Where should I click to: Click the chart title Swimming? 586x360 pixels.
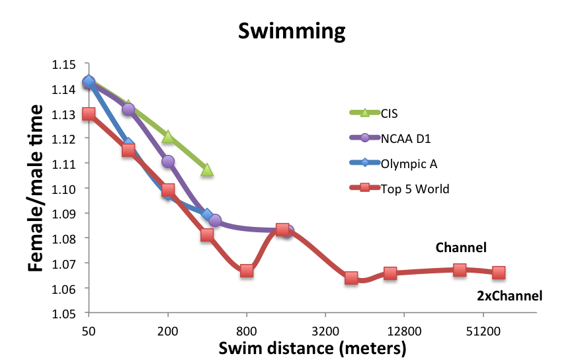click(292, 31)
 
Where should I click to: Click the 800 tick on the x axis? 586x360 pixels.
click(247, 330)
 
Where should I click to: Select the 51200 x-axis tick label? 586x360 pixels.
click(483, 330)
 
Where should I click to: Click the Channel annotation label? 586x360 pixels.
click(460, 248)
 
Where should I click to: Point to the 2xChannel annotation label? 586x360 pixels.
click(509, 296)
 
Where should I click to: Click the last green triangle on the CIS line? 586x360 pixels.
click(207, 170)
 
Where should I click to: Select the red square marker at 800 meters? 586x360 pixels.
click(247, 271)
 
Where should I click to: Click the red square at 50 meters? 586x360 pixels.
click(88, 114)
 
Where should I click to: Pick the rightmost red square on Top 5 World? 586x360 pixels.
click(499, 273)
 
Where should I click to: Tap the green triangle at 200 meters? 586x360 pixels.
click(168, 136)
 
